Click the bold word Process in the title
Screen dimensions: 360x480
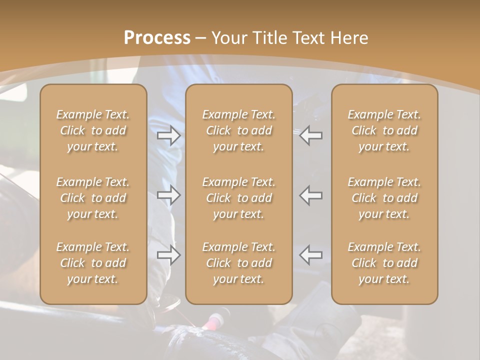(x=157, y=38)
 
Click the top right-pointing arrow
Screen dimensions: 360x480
(x=169, y=135)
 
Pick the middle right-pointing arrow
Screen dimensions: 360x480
(x=169, y=195)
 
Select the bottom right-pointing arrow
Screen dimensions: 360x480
(x=169, y=255)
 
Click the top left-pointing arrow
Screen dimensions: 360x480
(x=311, y=135)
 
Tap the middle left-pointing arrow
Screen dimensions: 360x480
(x=311, y=195)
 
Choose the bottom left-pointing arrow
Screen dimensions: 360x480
(x=311, y=255)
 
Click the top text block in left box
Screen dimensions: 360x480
(x=93, y=130)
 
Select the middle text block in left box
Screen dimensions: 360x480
(x=93, y=198)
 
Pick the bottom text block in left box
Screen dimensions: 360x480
(x=93, y=263)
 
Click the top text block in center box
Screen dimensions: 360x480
(x=239, y=130)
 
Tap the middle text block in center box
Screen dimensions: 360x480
(x=239, y=198)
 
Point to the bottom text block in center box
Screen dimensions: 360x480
(x=239, y=263)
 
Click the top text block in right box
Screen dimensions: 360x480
(x=384, y=130)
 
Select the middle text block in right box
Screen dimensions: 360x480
(x=384, y=198)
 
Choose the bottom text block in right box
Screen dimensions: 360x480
(x=384, y=263)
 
